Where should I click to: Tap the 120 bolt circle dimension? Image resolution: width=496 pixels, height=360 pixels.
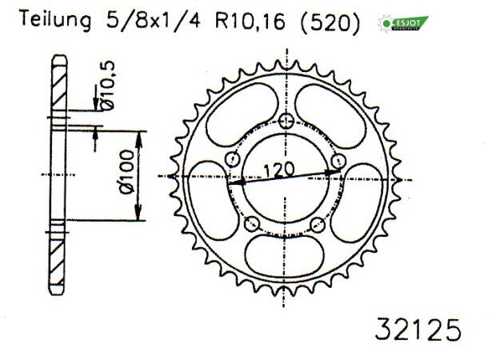[x=279, y=169]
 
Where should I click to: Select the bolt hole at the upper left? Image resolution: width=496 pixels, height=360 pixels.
[x=233, y=158]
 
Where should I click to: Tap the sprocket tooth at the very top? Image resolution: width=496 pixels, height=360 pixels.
[x=286, y=63]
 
